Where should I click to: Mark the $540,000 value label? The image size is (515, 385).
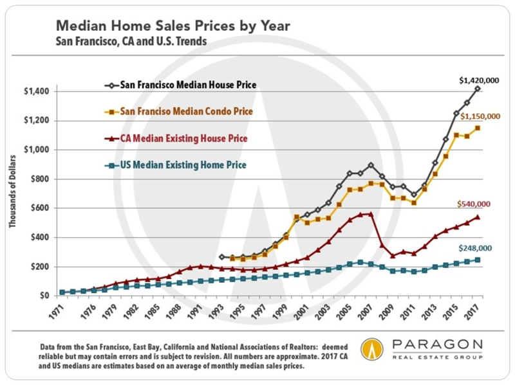[x=477, y=204]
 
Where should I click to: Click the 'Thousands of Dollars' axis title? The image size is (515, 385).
[x=14, y=193]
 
